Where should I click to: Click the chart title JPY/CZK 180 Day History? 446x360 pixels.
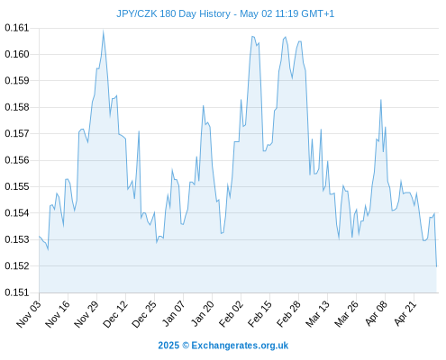(x=173, y=13)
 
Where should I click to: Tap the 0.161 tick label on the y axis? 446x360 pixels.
(x=17, y=28)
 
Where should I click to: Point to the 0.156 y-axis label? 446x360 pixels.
(x=17, y=160)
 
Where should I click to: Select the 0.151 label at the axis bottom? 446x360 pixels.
(x=17, y=292)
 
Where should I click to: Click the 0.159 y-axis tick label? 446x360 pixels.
(x=17, y=81)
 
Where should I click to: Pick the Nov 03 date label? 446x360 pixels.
(x=29, y=314)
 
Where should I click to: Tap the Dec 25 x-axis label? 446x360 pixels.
(x=144, y=314)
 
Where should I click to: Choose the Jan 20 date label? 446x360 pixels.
(x=203, y=314)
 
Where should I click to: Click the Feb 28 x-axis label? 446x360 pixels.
(x=288, y=314)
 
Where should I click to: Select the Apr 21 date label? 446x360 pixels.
(x=405, y=313)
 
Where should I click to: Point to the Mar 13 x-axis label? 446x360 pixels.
(x=317, y=314)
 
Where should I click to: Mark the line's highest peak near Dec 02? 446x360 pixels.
(x=103, y=31)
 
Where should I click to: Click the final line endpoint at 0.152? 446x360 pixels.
(x=436, y=266)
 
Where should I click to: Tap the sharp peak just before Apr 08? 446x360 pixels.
(x=381, y=100)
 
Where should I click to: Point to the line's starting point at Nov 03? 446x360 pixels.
(x=40, y=237)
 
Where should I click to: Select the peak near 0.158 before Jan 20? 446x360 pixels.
(x=204, y=105)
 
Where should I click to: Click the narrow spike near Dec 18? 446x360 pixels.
(x=139, y=131)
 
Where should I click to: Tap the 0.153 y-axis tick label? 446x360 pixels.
(x=17, y=239)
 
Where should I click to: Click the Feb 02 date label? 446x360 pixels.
(x=231, y=314)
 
